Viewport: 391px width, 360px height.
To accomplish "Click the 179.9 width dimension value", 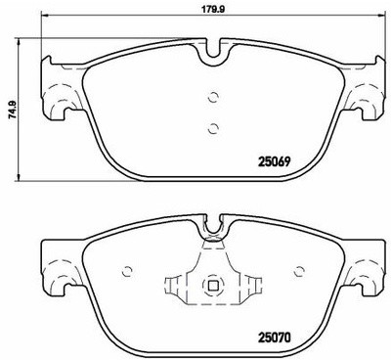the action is click(213, 9).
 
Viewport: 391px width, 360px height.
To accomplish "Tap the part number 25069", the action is click(274, 161).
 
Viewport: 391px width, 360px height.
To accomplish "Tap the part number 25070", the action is click(274, 338).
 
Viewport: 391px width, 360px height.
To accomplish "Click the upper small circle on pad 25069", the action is click(213, 97).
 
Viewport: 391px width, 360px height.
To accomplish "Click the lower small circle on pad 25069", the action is click(213, 128).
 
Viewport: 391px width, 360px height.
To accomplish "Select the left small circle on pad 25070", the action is click(128, 271).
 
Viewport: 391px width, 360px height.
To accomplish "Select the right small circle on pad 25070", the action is click(299, 271).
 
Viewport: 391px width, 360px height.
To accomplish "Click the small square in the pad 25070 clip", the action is click(213, 286).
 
